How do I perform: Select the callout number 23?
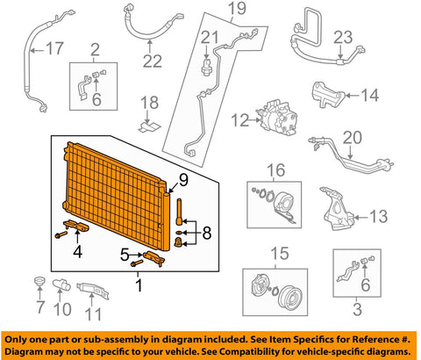click(367, 37)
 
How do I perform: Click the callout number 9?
click(183, 182)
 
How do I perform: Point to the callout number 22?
click(153, 60)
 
